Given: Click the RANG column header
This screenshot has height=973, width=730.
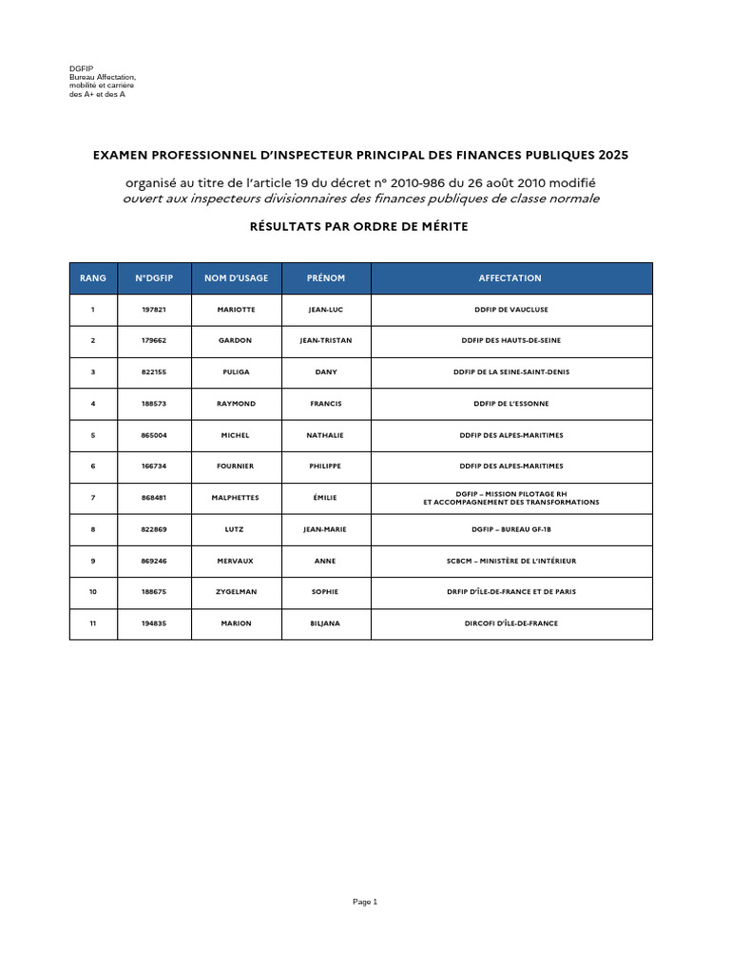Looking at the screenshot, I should click(x=93, y=278).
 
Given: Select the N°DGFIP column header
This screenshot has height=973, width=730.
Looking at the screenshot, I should click(x=154, y=278).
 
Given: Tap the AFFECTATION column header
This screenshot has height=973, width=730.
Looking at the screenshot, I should click(x=510, y=278).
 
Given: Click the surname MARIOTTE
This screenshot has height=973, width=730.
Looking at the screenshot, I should click(x=236, y=310).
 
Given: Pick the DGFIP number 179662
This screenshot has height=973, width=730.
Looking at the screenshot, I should click(x=154, y=340).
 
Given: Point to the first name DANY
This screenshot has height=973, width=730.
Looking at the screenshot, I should click(x=326, y=372).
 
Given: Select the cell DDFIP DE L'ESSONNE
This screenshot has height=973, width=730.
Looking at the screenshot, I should click(x=510, y=404).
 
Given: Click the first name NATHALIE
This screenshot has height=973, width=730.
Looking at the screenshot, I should click(x=325, y=435).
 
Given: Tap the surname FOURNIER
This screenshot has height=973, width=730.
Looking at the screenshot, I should click(x=236, y=467).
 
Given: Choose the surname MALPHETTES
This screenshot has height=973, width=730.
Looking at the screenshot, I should click(x=236, y=498).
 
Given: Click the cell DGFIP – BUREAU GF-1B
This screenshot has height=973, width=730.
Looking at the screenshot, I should click(x=510, y=529).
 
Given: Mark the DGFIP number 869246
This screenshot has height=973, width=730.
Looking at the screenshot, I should click(x=154, y=561).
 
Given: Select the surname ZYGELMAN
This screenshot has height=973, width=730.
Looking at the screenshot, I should click(x=236, y=592).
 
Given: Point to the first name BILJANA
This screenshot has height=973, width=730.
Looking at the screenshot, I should click(x=325, y=623).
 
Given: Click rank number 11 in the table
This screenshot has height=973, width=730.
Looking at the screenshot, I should click(x=93, y=623).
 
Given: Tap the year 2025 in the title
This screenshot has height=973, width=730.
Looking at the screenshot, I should click(x=613, y=154).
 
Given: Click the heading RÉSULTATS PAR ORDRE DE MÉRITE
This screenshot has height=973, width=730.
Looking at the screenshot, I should click(x=359, y=226).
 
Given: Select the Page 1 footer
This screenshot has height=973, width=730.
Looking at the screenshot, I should click(x=365, y=902).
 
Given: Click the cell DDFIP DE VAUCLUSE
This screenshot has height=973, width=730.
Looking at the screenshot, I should click(x=510, y=310).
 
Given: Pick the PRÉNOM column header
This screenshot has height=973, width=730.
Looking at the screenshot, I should click(x=326, y=278).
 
